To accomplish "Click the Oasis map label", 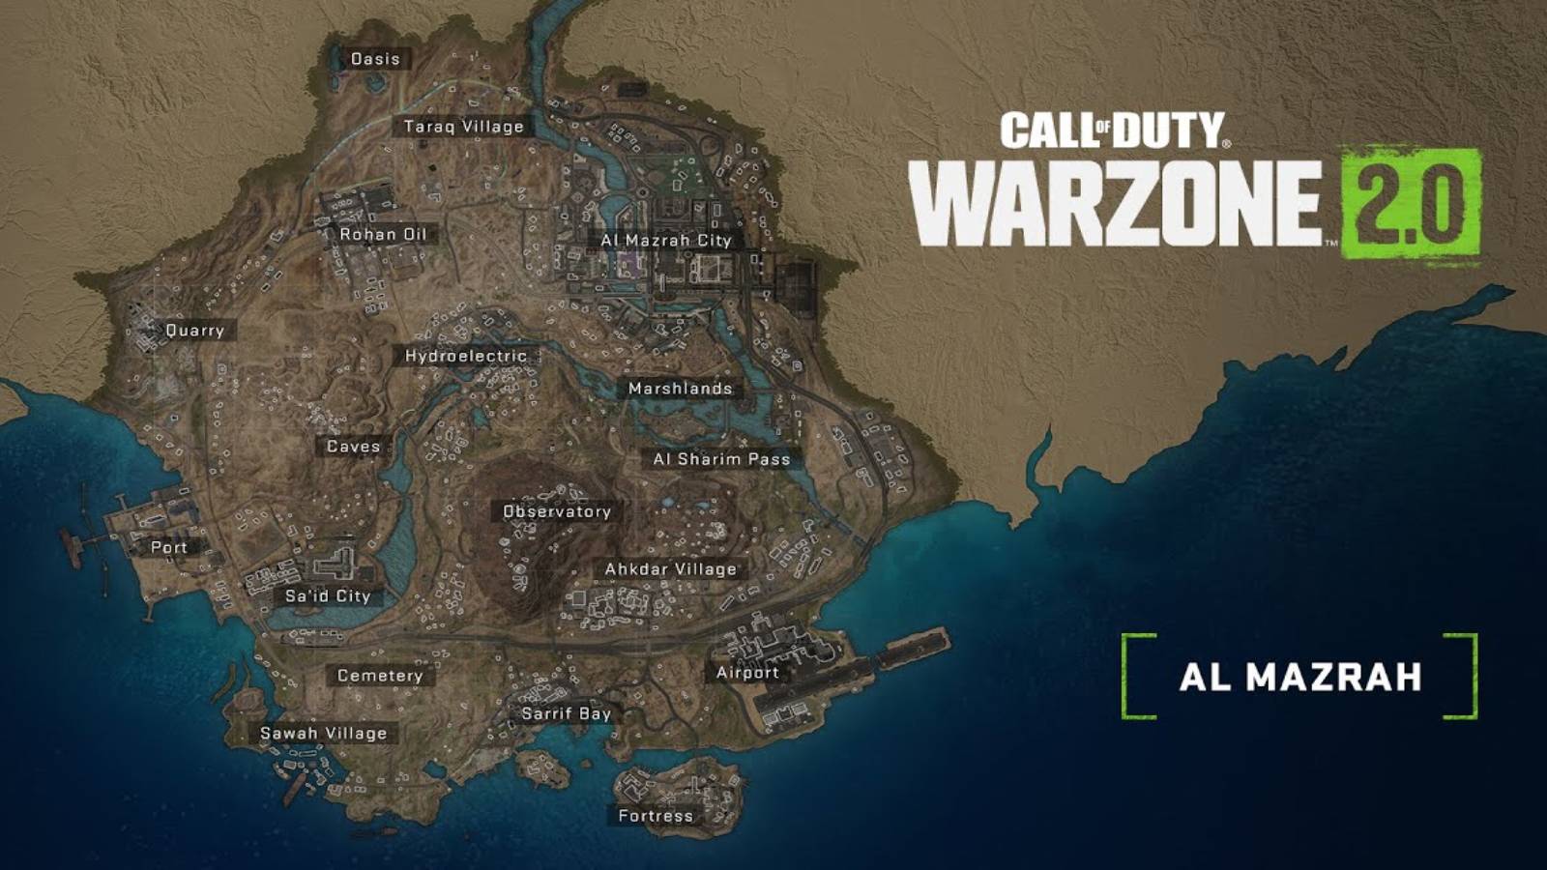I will [375, 59].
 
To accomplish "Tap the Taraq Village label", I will [464, 127].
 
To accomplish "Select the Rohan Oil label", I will [383, 234].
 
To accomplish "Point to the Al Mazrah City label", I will [666, 240].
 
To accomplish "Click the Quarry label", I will [194, 331].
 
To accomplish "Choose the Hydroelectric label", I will [466, 356].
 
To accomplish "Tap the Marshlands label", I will [680, 389].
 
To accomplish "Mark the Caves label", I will [353, 447].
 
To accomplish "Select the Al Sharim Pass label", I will [721, 459].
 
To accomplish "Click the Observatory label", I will [557, 511].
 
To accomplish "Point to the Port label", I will [169, 547].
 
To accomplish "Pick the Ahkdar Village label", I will [670, 569].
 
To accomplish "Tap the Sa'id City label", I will [328, 595].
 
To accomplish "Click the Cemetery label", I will [380, 676].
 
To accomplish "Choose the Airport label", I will [747, 672].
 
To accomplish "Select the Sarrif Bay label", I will [567, 713].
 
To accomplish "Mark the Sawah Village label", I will [324, 733].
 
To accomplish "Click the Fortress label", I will [656, 816].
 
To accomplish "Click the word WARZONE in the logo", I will [1115, 203].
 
